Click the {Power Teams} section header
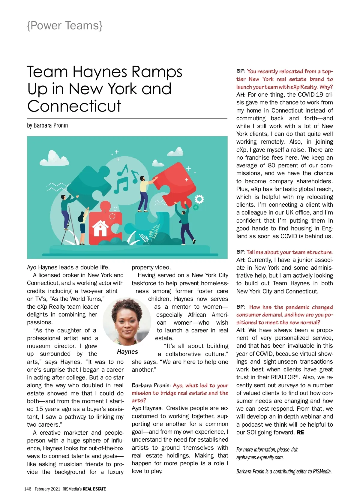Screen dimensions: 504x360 (x=65, y=26)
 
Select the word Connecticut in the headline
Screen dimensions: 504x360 (x=74, y=106)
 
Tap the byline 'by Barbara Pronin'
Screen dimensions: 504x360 (x=47, y=125)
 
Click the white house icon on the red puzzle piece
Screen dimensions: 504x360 (x=100, y=228)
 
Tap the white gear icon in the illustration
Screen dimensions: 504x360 (x=199, y=199)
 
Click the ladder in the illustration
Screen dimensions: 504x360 (x=68, y=228)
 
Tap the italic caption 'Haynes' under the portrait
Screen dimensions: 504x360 (x=127, y=352)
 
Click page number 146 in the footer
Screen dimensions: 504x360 (x=28, y=489)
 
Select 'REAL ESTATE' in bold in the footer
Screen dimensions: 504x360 (x=94, y=489)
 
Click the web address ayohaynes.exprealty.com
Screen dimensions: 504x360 (x=260, y=457)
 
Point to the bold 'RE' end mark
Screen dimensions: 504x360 (x=300, y=432)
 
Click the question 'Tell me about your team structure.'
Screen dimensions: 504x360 (x=289, y=252)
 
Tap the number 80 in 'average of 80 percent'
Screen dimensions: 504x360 (x=271, y=165)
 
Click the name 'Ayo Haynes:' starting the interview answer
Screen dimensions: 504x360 (x=147, y=408)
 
